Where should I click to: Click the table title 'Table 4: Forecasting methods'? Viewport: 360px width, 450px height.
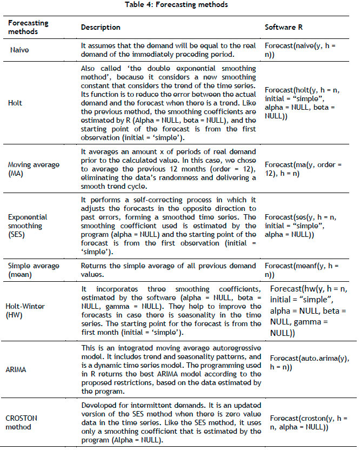point(180,5)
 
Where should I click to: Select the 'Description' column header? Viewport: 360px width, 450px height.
point(101,27)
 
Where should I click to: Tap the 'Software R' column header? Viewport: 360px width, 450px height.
point(282,27)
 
